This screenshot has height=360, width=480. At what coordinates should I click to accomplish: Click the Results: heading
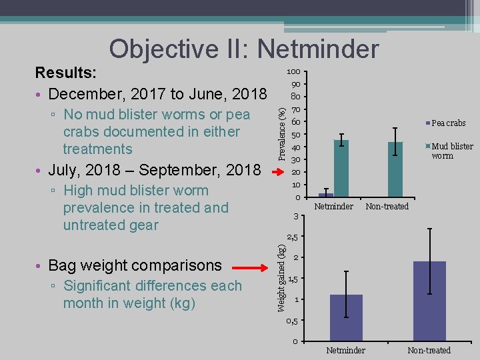click(x=66, y=72)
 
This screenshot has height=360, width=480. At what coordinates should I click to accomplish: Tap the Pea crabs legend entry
click(x=448, y=123)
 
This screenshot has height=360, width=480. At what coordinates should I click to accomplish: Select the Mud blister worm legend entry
click(x=451, y=151)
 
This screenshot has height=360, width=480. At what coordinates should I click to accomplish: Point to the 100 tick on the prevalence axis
click(x=293, y=72)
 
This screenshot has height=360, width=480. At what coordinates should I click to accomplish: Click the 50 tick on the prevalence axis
click(x=295, y=135)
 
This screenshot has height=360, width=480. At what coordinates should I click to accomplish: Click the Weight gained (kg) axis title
click(x=282, y=277)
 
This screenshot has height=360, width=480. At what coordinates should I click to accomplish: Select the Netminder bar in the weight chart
click(x=346, y=318)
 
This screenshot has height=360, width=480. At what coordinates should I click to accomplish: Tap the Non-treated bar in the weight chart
click(x=429, y=301)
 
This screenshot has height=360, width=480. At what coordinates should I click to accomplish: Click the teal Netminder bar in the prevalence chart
click(x=341, y=168)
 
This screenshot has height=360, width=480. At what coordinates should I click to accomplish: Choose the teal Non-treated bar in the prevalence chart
click(x=395, y=169)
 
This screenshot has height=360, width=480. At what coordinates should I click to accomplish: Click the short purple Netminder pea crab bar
click(x=325, y=195)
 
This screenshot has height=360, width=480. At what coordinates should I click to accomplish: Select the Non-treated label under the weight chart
click(x=429, y=350)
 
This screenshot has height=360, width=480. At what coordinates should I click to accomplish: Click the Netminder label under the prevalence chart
click(x=333, y=207)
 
